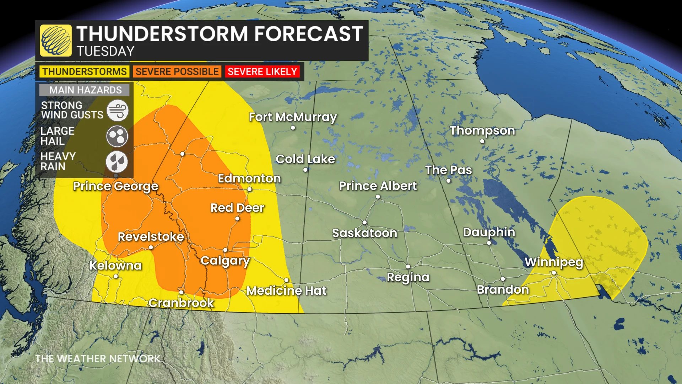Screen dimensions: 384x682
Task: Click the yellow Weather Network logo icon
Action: (x=56, y=41)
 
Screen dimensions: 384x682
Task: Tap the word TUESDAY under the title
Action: (x=105, y=52)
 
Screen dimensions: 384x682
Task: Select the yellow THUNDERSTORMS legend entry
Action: (x=85, y=71)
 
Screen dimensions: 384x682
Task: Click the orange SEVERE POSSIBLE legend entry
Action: (x=177, y=71)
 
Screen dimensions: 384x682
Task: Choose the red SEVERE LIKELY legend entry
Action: (x=262, y=71)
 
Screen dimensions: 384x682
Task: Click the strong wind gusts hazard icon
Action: (x=117, y=110)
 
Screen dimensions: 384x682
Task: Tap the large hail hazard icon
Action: (x=117, y=136)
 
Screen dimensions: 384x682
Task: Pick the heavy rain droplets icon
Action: (x=117, y=162)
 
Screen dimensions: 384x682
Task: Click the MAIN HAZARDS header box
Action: (x=85, y=90)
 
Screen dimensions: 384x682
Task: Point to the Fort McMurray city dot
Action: (x=293, y=128)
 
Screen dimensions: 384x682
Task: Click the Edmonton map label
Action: (x=249, y=178)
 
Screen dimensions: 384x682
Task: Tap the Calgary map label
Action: (x=225, y=261)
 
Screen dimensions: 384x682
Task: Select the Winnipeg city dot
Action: (x=554, y=273)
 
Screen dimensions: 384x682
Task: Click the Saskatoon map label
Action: (x=364, y=233)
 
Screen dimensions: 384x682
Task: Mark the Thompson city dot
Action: (x=482, y=141)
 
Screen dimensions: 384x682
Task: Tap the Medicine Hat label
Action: (x=286, y=291)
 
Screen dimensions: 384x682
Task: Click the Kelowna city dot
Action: (x=116, y=276)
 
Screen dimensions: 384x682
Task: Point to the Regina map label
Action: (x=408, y=277)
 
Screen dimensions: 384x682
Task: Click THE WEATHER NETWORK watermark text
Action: (x=98, y=359)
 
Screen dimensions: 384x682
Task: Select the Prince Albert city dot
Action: (x=378, y=197)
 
